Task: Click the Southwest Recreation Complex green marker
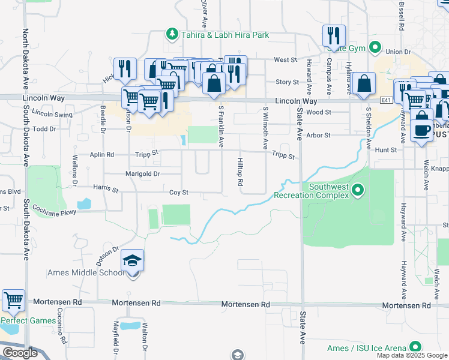click(x=358, y=191)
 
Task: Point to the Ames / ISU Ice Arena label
click(x=366, y=348)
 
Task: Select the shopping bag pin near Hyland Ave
click(x=364, y=85)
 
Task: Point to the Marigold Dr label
click(x=142, y=174)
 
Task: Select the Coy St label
click(x=179, y=193)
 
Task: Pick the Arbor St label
click(x=319, y=136)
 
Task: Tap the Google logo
click(x=20, y=353)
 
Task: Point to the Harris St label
click(x=106, y=189)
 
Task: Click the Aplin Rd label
click(x=102, y=154)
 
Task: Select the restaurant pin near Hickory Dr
click(x=124, y=70)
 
